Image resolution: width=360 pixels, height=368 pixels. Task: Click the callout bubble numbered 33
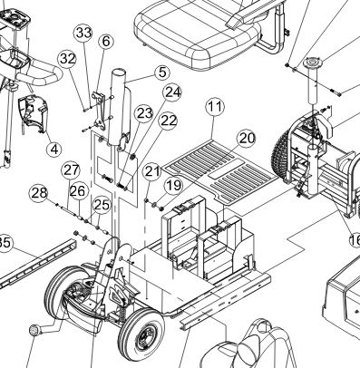tap(83, 33)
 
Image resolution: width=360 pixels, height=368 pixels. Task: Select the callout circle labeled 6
tap(106, 41)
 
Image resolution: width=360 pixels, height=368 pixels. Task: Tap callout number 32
tap(67, 59)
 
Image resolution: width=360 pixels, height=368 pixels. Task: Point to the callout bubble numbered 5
tap(162, 73)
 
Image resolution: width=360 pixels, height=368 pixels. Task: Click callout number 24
tap(172, 92)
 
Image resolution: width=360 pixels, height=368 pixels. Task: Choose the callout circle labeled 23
tap(144, 113)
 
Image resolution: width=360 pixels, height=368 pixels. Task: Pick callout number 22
tap(168, 121)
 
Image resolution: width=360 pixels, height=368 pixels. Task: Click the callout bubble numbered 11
tap(215, 107)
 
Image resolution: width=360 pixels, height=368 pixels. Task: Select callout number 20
tap(247, 139)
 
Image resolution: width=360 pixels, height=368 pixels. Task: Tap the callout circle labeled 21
tap(152, 171)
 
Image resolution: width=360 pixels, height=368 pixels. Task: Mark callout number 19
tap(173, 185)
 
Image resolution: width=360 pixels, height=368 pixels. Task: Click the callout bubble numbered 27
tap(71, 170)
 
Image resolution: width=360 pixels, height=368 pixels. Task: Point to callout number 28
tap(39, 193)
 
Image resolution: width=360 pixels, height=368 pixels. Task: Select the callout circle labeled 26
tap(79, 191)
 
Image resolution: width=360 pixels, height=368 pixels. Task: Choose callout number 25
tap(102, 205)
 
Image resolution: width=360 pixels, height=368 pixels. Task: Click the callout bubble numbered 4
tap(54, 149)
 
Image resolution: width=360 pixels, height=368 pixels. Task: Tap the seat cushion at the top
tap(198, 34)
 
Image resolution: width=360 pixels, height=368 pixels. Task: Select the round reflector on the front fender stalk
tap(34, 330)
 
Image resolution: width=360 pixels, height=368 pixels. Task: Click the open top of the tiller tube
tap(119, 73)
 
